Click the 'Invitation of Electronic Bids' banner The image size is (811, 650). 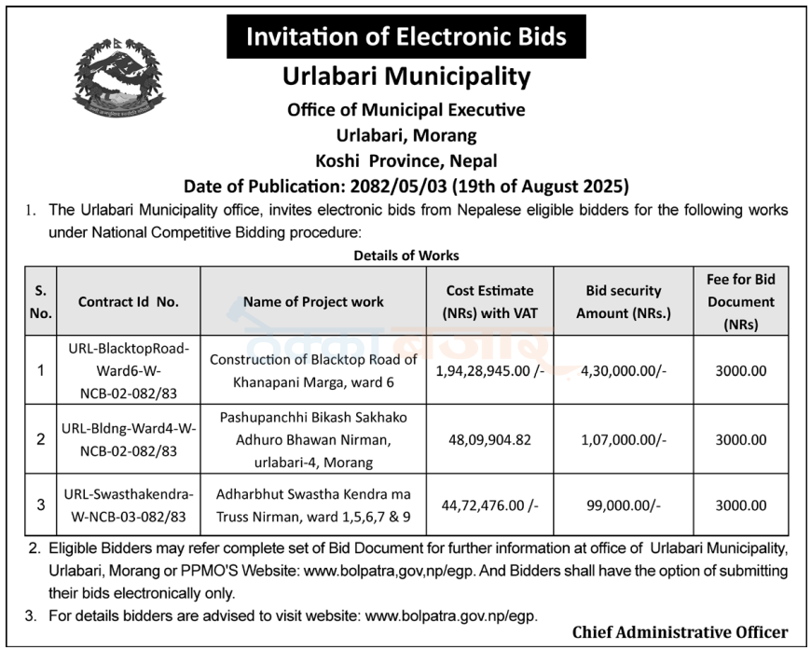(x=405, y=37)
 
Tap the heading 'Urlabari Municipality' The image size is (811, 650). (x=405, y=76)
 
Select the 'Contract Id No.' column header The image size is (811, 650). (x=128, y=301)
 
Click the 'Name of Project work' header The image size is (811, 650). (x=313, y=301)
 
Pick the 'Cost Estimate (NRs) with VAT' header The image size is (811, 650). (x=489, y=301)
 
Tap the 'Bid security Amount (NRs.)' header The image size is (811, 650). (x=623, y=301)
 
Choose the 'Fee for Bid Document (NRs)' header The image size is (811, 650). (x=741, y=301)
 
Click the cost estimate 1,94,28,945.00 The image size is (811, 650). (x=489, y=370)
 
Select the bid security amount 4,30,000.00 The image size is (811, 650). (x=623, y=370)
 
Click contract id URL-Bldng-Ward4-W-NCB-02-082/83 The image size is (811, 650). (x=128, y=439)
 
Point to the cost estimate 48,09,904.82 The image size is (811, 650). (x=489, y=439)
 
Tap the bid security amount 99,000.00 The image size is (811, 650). (x=623, y=505)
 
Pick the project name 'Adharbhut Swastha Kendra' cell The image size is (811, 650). (x=313, y=505)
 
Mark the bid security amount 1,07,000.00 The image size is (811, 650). (x=623, y=439)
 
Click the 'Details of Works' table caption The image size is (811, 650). (x=405, y=255)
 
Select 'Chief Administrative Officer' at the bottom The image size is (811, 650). (x=680, y=632)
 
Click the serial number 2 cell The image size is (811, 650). (x=40, y=439)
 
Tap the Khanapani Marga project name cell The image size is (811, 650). (x=313, y=370)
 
